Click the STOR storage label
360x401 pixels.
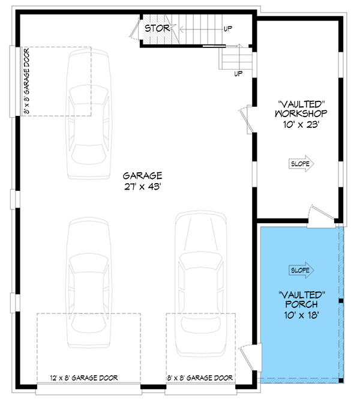pyautogui.click(x=157, y=28)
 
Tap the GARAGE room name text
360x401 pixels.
pyautogui.click(x=143, y=176)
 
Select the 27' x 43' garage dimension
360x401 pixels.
pyautogui.click(x=143, y=187)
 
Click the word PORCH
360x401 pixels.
pyautogui.click(x=302, y=304)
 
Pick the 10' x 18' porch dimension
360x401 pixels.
pyautogui.click(x=302, y=315)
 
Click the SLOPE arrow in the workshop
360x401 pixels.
pyautogui.click(x=302, y=163)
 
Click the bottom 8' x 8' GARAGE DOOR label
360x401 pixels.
pyautogui.click(x=200, y=378)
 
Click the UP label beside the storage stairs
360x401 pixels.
pyautogui.click(x=228, y=28)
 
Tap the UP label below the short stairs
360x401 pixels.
pyautogui.click(x=238, y=74)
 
